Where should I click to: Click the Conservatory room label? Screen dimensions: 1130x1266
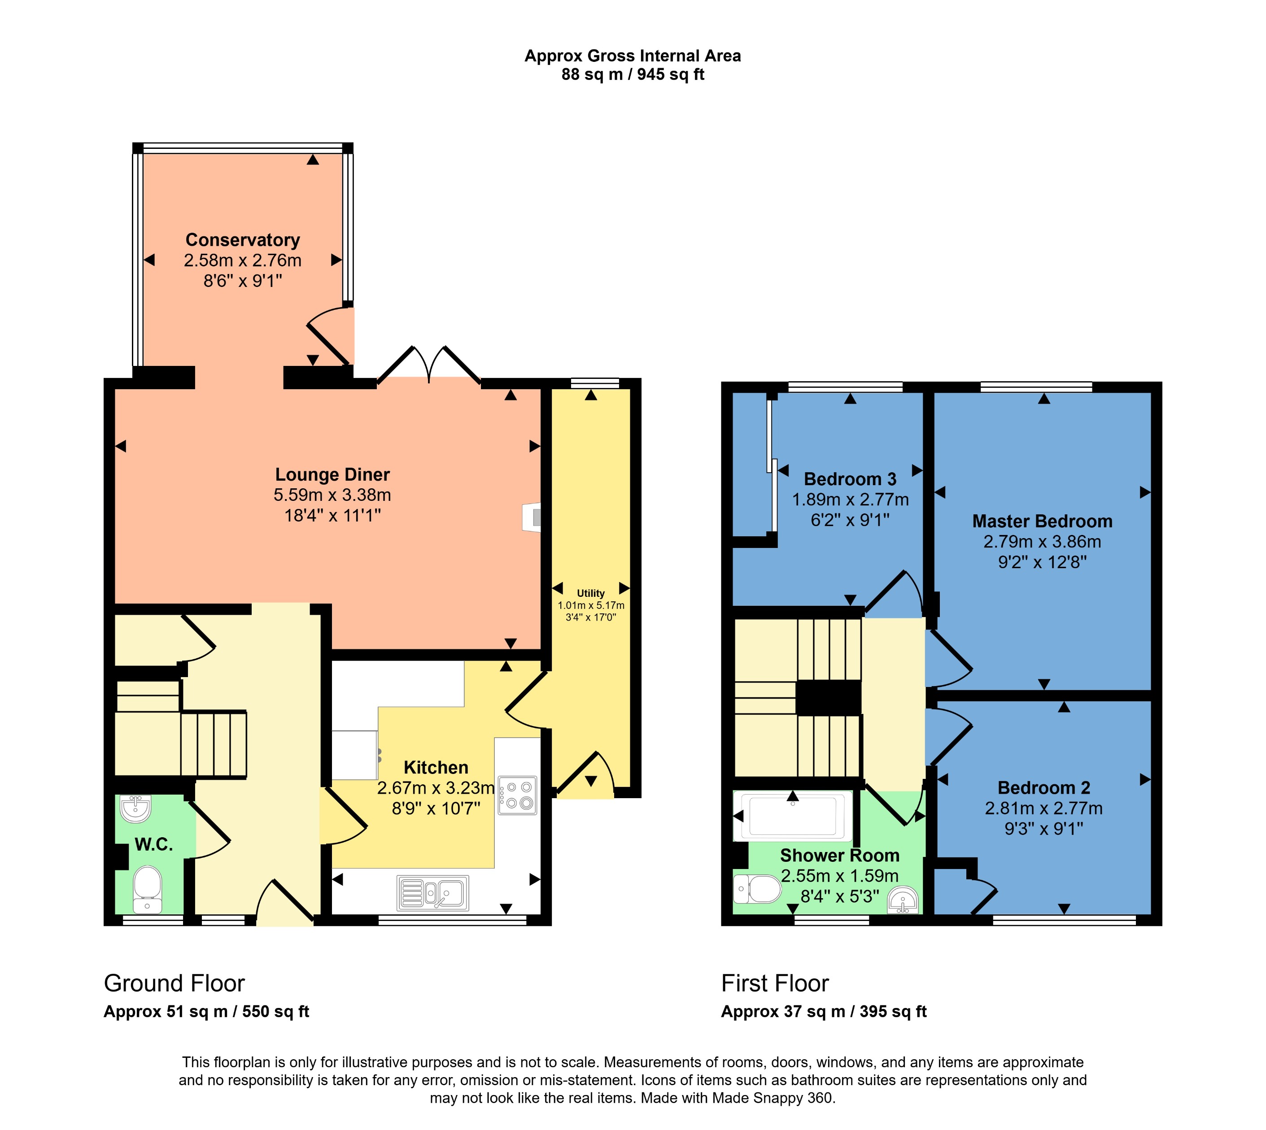(x=242, y=239)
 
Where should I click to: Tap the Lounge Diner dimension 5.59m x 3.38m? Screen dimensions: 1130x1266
(x=332, y=495)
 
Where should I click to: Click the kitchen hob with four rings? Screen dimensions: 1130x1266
(x=517, y=794)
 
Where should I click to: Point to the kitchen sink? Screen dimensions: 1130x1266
(x=433, y=893)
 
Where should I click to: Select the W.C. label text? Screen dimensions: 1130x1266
(x=153, y=844)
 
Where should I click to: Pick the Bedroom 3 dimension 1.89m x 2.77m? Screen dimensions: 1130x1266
(x=850, y=499)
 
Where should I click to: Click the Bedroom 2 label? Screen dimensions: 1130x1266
(x=1043, y=788)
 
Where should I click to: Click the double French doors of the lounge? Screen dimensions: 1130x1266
(x=428, y=366)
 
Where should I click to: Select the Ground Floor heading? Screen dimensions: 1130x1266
(x=174, y=983)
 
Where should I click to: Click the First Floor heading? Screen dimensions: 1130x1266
(x=775, y=983)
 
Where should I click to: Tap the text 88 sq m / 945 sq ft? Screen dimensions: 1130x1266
(x=633, y=74)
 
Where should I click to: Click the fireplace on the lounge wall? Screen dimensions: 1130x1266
(x=533, y=517)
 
